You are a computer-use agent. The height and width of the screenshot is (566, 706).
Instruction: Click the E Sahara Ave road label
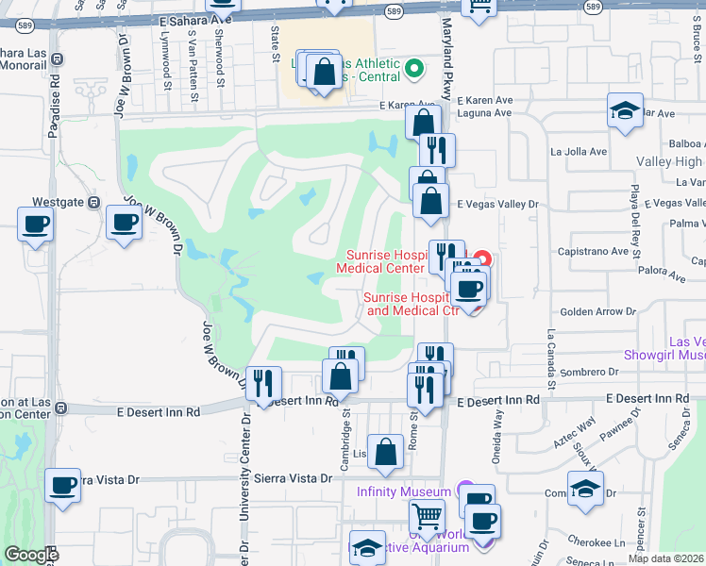pyautogui.click(x=197, y=19)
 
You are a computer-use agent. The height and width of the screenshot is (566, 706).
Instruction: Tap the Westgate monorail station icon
pyautogui.click(x=93, y=201)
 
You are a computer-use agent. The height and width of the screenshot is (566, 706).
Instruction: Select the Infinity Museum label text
pyautogui.click(x=403, y=491)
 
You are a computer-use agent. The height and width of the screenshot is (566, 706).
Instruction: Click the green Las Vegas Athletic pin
pyautogui.click(x=412, y=68)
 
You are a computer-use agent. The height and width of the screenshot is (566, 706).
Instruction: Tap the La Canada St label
pyautogui.click(x=546, y=361)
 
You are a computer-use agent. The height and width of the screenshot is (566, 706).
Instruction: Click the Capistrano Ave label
pyautogui.click(x=595, y=252)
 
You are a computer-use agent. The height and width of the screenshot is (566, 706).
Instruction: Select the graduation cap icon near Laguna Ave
pyautogui.click(x=625, y=110)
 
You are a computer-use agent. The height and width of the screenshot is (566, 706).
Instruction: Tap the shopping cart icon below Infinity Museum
pyautogui.click(x=427, y=516)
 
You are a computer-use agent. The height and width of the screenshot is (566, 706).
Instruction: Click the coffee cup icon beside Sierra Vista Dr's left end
pyautogui.click(x=63, y=486)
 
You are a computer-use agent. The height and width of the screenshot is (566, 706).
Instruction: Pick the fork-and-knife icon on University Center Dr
pyautogui.click(x=263, y=382)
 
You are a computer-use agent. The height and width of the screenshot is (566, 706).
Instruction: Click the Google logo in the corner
pyautogui.click(x=30, y=555)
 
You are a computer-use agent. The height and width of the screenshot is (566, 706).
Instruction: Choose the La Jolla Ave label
pyautogui.click(x=580, y=151)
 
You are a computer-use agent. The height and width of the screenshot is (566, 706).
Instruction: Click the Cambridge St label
pyautogui.click(x=346, y=434)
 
